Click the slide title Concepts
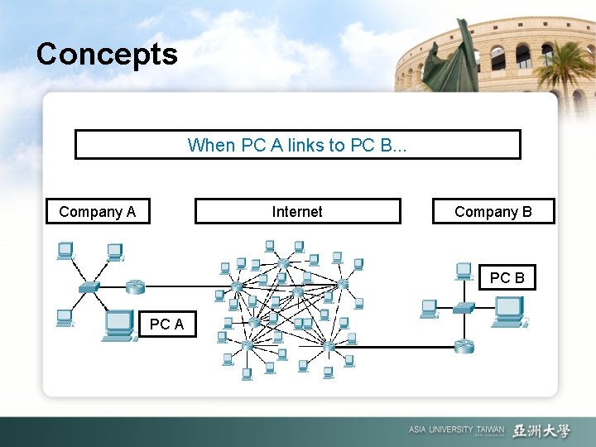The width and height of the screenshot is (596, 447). point(107,55)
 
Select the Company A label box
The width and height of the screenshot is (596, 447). point(98,212)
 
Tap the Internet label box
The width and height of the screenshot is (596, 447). point(297,212)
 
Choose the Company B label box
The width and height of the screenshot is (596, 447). point(493,212)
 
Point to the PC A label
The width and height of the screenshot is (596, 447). point(166,324)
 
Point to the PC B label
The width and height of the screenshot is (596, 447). point(507,278)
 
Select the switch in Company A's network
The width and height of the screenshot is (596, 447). point(89,286)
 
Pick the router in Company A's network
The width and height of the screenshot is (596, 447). point(135,286)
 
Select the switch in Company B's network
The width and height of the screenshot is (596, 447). point(464,307)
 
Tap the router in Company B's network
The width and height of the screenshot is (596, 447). point(464,346)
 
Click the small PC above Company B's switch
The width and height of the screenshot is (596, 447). point(464,271)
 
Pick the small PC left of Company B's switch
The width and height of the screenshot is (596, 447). point(429,308)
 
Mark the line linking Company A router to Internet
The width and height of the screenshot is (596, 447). point(178,287)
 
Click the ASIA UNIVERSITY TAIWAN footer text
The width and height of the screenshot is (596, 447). point(455,430)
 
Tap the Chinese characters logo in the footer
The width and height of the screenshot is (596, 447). point(541,430)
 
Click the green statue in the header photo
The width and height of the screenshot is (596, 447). point(447,62)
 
